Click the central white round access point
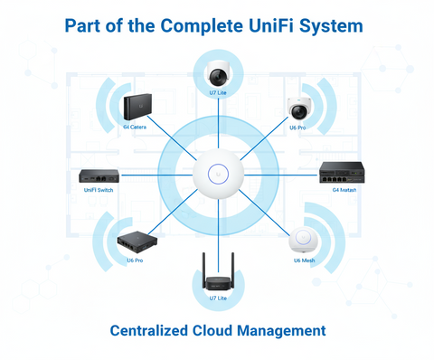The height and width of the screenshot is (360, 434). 217,173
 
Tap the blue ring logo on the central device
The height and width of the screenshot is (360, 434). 217,173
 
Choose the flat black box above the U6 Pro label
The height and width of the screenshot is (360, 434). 136,241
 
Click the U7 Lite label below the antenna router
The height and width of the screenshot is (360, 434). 217,298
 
